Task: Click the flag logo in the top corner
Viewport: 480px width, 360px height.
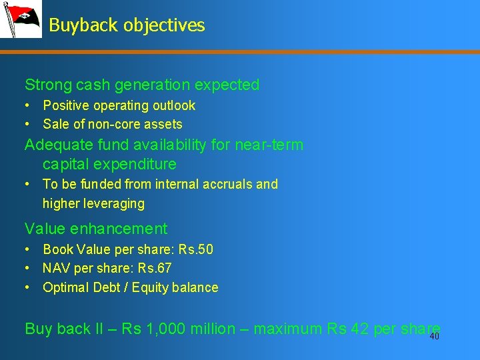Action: [21, 19]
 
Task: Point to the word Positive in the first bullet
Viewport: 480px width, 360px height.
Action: [65, 105]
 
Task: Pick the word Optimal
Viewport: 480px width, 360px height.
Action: [65, 287]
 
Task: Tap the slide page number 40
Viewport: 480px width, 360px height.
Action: [435, 337]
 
